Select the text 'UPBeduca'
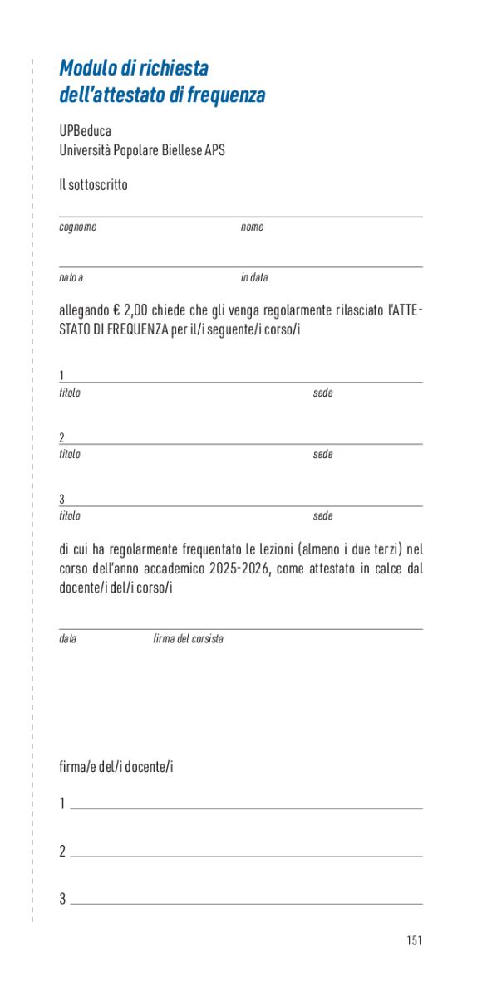[85, 132]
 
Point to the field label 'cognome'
[77, 227]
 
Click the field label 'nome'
[252, 227]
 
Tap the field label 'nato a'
[71, 277]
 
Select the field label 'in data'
[254, 277]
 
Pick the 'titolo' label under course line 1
[70, 393]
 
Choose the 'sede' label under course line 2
[322, 454]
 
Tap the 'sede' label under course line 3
[322, 515]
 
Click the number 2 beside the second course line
[62, 437]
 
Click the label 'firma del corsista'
[188, 639]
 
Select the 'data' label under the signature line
[67, 639]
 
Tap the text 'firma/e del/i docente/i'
[116, 767]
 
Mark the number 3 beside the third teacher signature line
[62, 899]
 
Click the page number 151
[415, 940]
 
